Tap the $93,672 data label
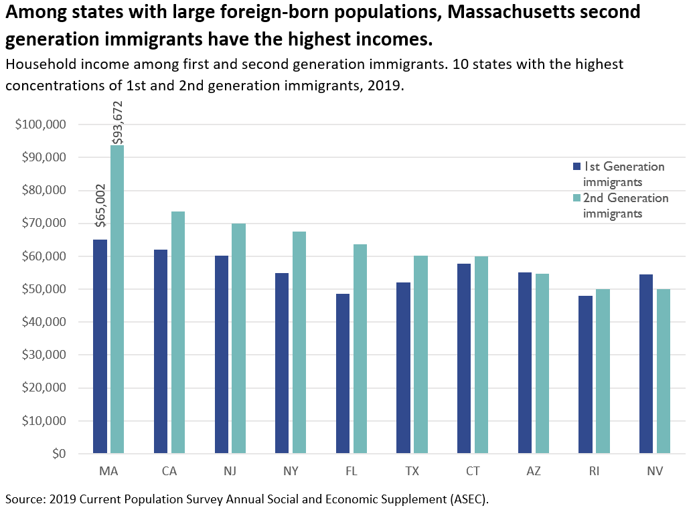pos(118,122)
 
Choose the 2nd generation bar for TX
pos(420,354)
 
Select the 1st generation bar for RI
pos(585,374)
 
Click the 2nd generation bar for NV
pos(663,371)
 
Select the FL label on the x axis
pos(351,471)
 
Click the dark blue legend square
pos(576,167)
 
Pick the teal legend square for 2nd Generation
pos(576,198)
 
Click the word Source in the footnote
pos(23,499)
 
